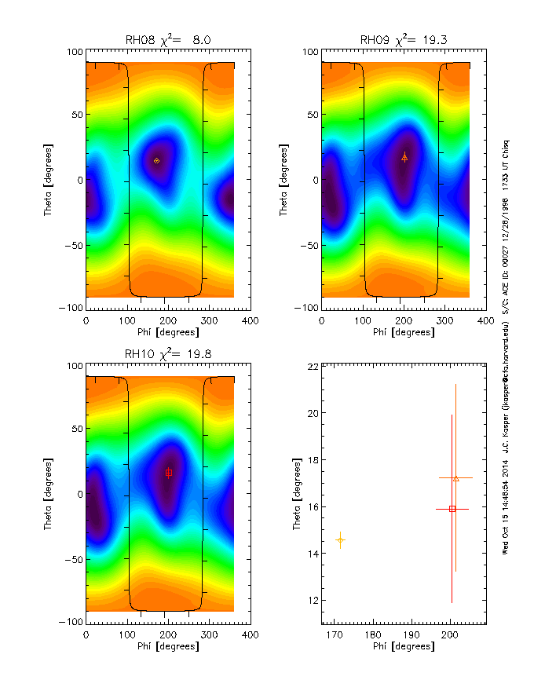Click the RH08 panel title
tap(168, 39)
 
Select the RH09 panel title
tap(403, 39)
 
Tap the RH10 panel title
tap(168, 354)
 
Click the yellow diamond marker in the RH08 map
tap(156, 160)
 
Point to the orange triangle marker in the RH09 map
tap(404, 157)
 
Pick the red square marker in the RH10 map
tap(169, 473)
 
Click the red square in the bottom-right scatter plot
tap(452, 509)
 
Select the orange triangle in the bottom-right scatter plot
tap(456, 478)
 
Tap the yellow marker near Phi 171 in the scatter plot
tap(340, 540)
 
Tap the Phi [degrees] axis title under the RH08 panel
tap(168, 332)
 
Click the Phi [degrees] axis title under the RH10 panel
tap(168, 646)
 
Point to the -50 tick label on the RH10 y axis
tap(71, 558)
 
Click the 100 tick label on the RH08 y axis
tap(72, 52)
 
